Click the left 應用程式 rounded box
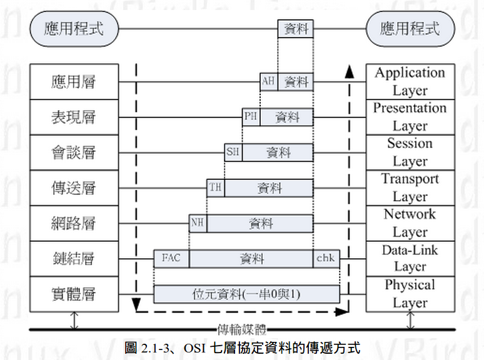(x=74, y=28)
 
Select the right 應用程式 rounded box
(x=410, y=28)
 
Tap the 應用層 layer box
(x=74, y=82)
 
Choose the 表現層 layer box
(x=74, y=117)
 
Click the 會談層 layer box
(x=74, y=152)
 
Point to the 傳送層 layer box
(x=74, y=187)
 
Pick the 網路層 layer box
(x=74, y=223)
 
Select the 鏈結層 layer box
(x=74, y=258)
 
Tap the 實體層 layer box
(x=74, y=293)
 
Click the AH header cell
(x=269, y=81)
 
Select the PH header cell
(x=251, y=117)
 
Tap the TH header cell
(x=216, y=187)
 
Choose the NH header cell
(x=198, y=223)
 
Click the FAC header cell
(x=171, y=258)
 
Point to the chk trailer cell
(x=326, y=258)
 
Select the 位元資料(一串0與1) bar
(x=247, y=294)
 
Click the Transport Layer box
(x=410, y=187)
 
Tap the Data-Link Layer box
(x=410, y=258)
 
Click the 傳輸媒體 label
(x=241, y=329)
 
